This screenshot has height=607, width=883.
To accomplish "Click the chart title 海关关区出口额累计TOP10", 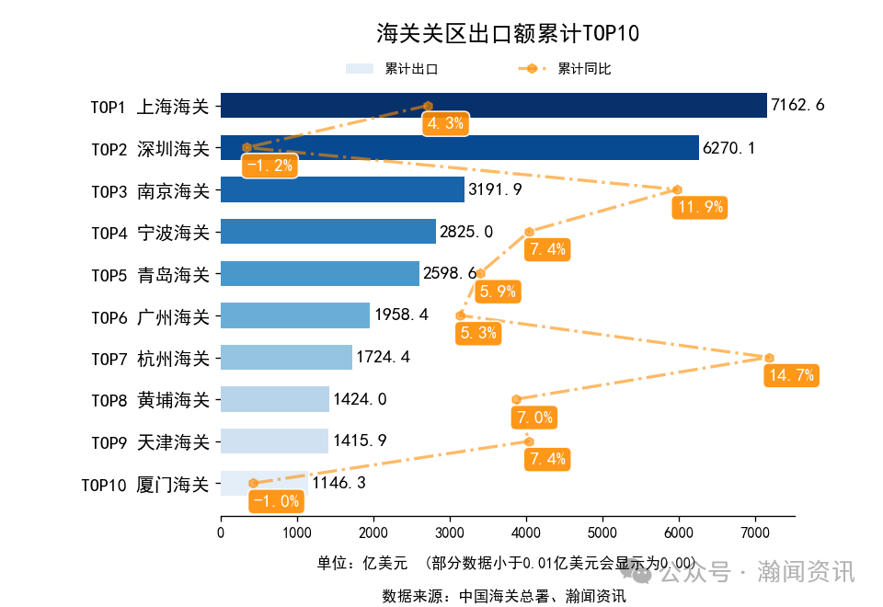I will point(507,34).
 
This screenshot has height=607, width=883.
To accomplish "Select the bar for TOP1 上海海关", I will point(493,106).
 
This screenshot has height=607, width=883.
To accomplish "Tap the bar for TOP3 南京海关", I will point(342,190).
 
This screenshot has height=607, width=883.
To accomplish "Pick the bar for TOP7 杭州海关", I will point(286,358).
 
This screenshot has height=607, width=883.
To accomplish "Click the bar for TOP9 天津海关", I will point(274,441).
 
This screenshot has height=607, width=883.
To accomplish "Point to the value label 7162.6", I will point(797,106).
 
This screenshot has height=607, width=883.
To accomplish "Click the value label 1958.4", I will point(401,315).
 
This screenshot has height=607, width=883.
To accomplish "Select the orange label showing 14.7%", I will point(789,375).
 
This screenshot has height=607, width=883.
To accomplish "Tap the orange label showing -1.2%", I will point(269,166).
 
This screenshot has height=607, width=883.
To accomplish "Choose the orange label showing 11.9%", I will point(700,208).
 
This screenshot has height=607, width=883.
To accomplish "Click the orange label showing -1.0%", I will point(275,501).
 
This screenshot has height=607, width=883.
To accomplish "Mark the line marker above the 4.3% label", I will point(428,106).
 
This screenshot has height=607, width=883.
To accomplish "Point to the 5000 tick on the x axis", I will point(602,532).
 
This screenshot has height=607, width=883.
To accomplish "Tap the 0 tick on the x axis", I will point(221,532).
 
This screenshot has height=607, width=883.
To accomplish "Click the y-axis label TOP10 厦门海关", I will point(145,484).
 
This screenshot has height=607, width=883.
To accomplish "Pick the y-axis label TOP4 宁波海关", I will point(150,233).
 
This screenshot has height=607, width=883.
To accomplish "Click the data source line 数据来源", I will point(504,596).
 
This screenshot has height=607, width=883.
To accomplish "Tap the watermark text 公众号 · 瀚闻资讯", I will point(756,572).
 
